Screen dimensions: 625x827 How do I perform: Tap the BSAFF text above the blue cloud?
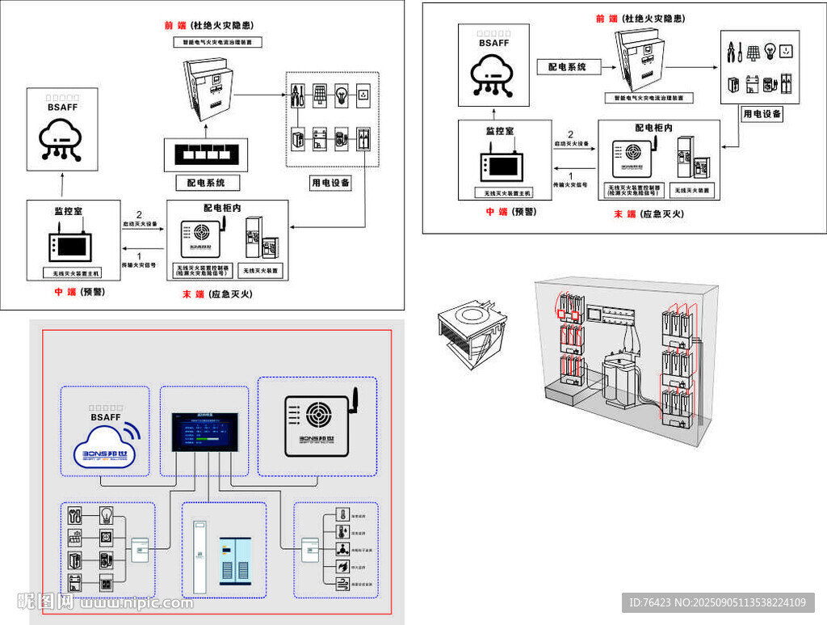click(x=105, y=417)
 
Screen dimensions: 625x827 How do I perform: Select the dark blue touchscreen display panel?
click(x=204, y=433)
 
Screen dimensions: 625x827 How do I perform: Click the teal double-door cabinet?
click(x=237, y=562)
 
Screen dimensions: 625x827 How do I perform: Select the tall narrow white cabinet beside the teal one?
click(x=200, y=559)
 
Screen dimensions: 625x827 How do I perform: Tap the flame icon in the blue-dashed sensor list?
click(x=342, y=568)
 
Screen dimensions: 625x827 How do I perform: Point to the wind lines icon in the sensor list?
click(x=342, y=585)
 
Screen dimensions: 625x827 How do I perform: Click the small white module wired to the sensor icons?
click(x=307, y=550)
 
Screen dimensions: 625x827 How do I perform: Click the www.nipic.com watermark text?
click(x=135, y=602)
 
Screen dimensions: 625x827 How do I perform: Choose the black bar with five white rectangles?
click(x=208, y=152)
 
